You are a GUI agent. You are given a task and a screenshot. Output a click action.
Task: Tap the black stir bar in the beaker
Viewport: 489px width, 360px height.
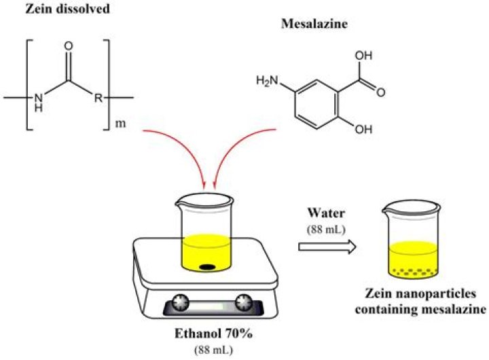[x=208, y=266]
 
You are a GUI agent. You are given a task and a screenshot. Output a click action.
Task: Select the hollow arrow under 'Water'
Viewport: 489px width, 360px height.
[x=328, y=249]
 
